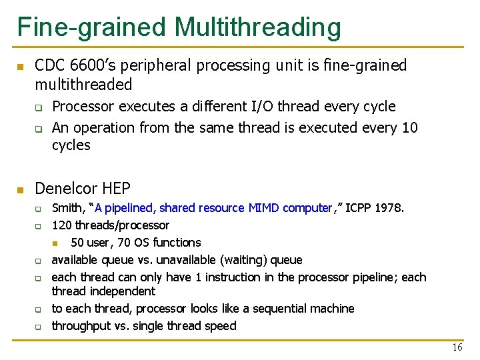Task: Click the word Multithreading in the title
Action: [258, 27]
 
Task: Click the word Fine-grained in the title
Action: [92, 27]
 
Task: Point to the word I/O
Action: [262, 107]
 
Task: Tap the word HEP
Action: [116, 189]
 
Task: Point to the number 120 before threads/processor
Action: [62, 225]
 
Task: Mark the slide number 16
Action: [457, 347]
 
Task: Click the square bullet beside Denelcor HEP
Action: [20, 190]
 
